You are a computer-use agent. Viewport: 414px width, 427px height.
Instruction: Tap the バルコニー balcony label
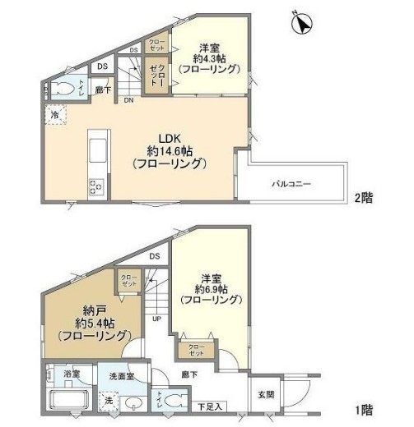coord(292,183)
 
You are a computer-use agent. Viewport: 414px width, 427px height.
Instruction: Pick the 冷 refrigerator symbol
coord(53,117)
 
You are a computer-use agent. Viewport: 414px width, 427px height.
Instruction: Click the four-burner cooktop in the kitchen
coord(95,186)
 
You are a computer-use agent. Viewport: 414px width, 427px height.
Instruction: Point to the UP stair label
coord(155,319)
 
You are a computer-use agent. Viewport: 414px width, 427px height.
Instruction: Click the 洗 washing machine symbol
coord(109,401)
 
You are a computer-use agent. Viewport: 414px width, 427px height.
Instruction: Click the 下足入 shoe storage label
coord(210,406)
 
